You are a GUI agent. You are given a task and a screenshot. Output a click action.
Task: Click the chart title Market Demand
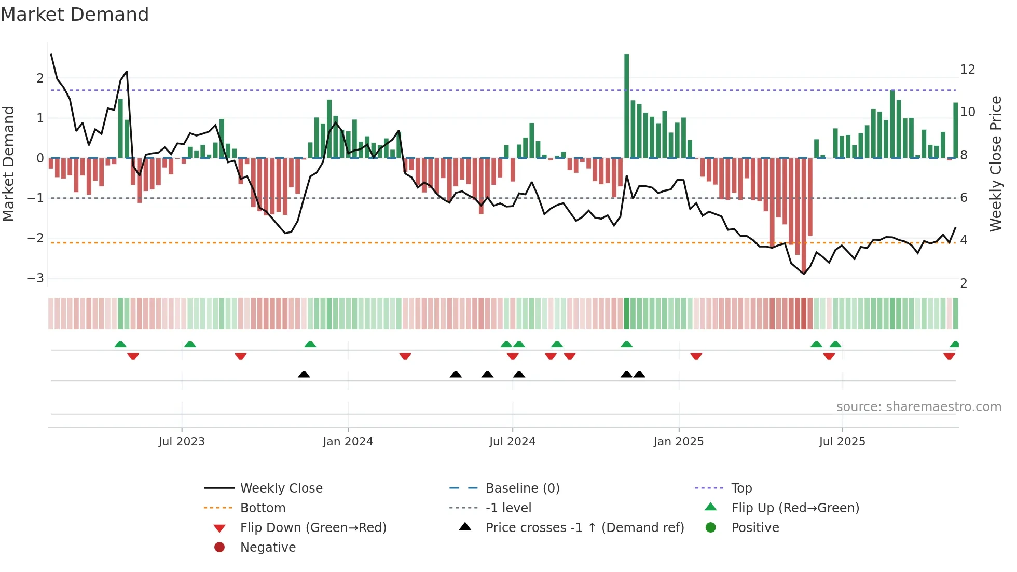[75, 15]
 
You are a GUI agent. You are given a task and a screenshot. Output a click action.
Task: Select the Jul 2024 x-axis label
[512, 442]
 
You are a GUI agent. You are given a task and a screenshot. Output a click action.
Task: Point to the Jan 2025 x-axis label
[678, 442]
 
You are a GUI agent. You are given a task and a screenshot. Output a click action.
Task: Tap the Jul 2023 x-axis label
[182, 442]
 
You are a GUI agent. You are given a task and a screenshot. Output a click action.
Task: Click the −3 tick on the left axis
[35, 278]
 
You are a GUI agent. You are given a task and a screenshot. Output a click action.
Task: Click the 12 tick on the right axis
[967, 70]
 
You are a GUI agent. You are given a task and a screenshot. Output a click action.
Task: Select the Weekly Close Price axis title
[995, 164]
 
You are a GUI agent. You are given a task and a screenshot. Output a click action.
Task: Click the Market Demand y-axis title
[9, 164]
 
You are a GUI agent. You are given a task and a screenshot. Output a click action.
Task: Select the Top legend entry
[741, 488]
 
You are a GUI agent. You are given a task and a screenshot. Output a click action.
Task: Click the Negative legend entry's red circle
[219, 548]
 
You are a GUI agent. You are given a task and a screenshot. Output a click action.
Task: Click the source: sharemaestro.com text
[918, 407]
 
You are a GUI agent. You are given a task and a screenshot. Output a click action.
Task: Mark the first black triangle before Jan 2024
[304, 374]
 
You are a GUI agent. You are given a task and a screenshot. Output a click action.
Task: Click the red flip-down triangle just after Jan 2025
[696, 356]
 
